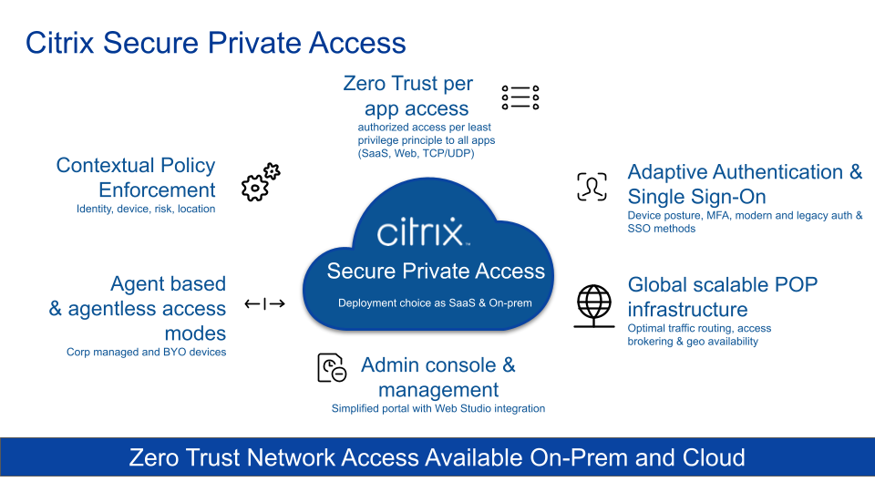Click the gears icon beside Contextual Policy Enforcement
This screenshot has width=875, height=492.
260,182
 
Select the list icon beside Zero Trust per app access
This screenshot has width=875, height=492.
520,97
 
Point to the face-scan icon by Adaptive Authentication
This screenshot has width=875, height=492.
592,187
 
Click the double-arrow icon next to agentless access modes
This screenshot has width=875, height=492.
264,303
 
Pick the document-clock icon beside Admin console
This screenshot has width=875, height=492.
331,368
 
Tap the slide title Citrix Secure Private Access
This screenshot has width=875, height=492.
215,43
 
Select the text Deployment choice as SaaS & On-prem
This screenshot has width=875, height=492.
435,303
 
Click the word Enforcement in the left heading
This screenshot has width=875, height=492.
157,190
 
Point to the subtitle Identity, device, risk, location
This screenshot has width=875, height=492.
146,209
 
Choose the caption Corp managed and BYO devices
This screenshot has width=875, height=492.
146,352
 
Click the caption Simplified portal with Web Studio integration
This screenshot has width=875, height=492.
437,408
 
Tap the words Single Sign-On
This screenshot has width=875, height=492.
696,197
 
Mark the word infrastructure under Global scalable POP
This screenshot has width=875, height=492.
687,309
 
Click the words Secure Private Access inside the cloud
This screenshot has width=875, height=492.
436,271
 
